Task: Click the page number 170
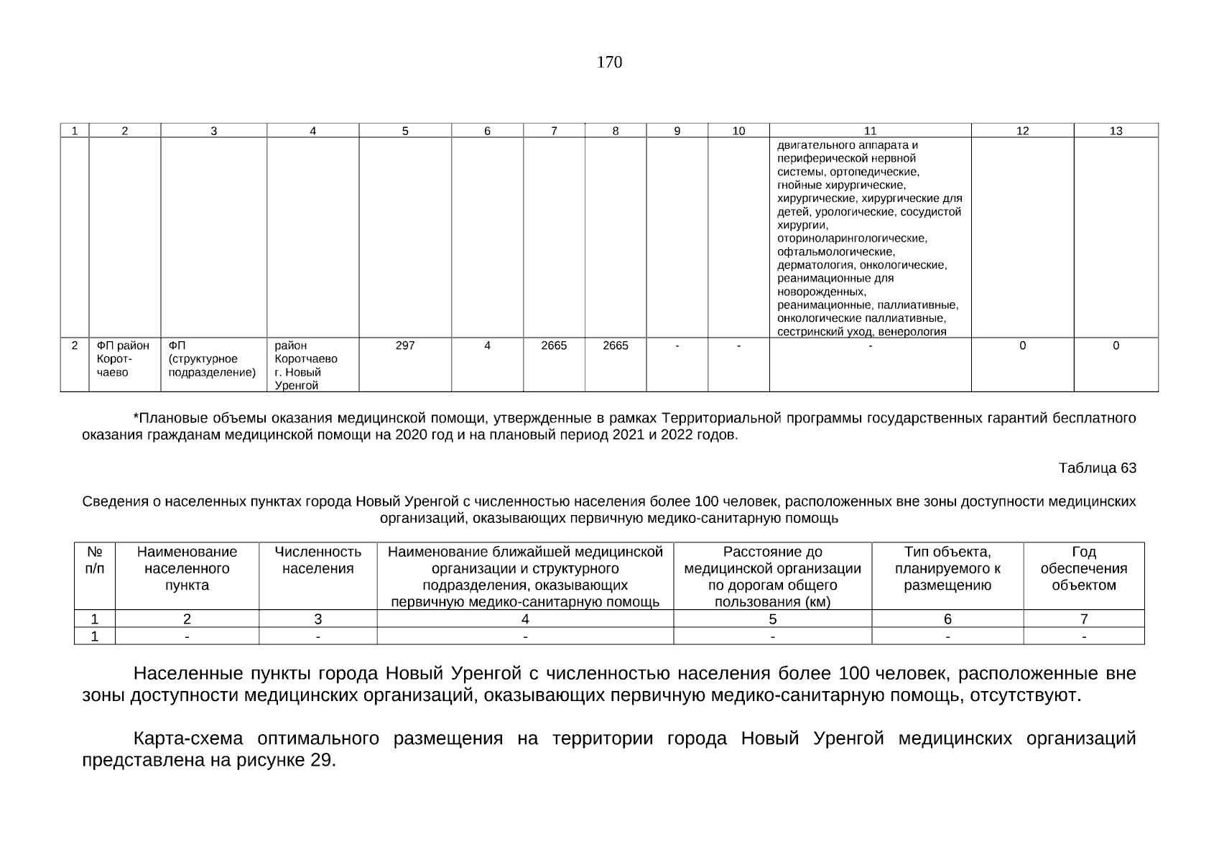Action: point(609,62)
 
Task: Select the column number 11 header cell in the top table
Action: point(870,131)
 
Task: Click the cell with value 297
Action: point(405,346)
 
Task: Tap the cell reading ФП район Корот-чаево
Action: point(124,358)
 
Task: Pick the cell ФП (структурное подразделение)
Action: point(212,358)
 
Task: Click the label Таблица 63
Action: point(1097,468)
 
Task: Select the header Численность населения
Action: point(318,560)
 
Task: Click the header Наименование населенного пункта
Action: point(187,568)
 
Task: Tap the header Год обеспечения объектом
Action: point(1083,568)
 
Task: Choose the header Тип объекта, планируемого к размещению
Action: point(947,568)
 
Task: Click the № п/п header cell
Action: point(94,560)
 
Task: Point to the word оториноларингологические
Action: point(852,238)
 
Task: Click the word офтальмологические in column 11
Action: point(835,252)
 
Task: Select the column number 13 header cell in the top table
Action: point(1116,131)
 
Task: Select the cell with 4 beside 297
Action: point(487,346)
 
